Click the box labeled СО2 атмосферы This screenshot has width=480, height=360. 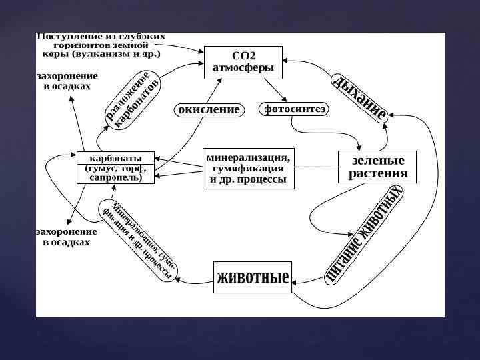coord(243,61)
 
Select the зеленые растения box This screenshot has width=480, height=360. coord(378,168)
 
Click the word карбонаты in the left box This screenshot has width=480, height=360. coord(116,158)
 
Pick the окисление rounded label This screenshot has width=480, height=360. coord(209,109)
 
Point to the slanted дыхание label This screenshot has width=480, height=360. coord(360,97)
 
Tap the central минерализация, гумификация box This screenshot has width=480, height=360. coord(248,169)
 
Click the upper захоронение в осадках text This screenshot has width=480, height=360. coord(67,81)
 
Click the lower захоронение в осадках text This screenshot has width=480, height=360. coord(66,237)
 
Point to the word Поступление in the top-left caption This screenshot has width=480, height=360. coord(65,35)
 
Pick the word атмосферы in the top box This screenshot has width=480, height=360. coord(243,67)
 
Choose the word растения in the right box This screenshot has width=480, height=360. coord(378,175)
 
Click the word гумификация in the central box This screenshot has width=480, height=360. coord(248,169)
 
